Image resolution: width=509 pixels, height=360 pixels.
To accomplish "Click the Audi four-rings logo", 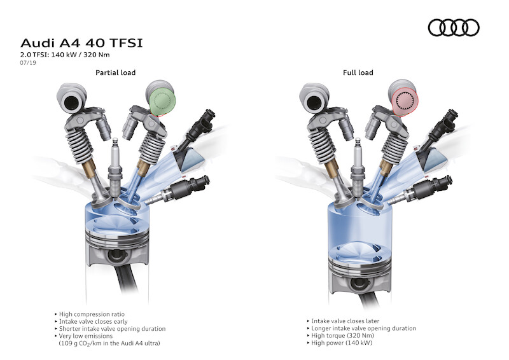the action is [x=454, y=27].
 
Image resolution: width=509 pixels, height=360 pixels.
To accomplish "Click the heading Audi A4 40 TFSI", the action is [x=81, y=43].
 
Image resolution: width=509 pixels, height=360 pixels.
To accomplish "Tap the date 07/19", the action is [x=28, y=63].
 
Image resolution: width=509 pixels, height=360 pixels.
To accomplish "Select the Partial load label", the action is [x=115, y=73].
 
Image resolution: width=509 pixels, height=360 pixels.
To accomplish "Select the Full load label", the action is [x=358, y=73].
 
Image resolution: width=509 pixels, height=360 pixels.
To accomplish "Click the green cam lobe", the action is [x=163, y=101].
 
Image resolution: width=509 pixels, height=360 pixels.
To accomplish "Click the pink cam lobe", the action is [x=405, y=101].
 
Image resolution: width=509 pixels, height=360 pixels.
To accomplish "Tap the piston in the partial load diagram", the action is [x=117, y=247].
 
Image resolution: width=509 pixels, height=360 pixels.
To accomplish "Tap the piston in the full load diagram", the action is [x=359, y=267].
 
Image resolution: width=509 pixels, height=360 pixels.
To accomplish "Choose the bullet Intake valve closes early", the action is [x=91, y=321].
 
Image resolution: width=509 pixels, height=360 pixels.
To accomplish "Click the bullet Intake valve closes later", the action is [x=343, y=321].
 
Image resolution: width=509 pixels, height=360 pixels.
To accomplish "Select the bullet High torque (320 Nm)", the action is [x=340, y=335].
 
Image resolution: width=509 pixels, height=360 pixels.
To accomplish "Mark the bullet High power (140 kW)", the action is [x=340, y=342].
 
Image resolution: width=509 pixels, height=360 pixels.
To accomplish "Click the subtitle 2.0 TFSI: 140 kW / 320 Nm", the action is [x=65, y=55].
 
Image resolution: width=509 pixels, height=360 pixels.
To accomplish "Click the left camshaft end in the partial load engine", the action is [x=71, y=98].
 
